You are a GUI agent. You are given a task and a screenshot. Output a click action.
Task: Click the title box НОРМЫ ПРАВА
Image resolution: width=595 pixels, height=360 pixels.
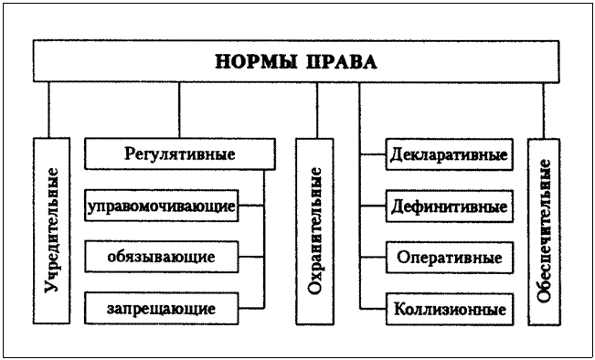(297, 62)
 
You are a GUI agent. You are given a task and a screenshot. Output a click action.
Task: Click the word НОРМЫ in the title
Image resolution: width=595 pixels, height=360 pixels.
(253, 62)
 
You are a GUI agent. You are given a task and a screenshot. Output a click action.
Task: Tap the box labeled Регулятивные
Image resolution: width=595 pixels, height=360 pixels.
(179, 154)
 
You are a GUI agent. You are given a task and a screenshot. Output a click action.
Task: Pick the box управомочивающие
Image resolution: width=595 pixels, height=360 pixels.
(161, 206)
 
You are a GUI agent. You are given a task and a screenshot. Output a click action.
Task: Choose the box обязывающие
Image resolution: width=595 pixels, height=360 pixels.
(161, 257)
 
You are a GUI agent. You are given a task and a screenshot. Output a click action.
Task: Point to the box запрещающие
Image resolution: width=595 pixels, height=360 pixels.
(161, 308)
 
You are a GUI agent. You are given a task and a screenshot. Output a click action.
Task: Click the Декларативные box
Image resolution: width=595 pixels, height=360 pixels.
(449, 154)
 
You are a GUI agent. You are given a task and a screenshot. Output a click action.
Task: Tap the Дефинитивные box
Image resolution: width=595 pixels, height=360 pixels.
(449, 206)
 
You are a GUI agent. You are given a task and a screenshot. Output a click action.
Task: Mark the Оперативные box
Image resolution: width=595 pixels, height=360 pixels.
(449, 257)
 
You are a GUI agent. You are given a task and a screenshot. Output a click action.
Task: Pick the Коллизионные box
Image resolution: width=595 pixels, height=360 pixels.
(449, 308)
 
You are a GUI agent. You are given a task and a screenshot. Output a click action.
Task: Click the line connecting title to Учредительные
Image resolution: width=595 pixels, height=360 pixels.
(52, 110)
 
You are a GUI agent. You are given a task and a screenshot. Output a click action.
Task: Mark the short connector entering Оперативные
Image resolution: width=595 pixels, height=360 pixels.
(373, 257)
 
